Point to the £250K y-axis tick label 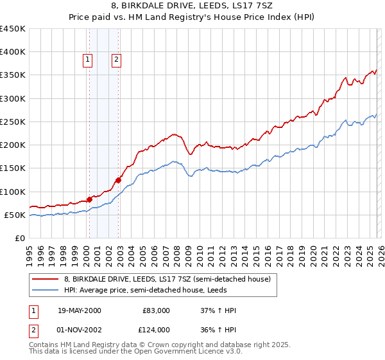click(13, 122)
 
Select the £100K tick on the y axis click(13, 192)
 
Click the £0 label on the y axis click(21, 238)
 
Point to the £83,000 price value click(156, 310)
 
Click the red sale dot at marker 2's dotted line click(119, 180)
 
